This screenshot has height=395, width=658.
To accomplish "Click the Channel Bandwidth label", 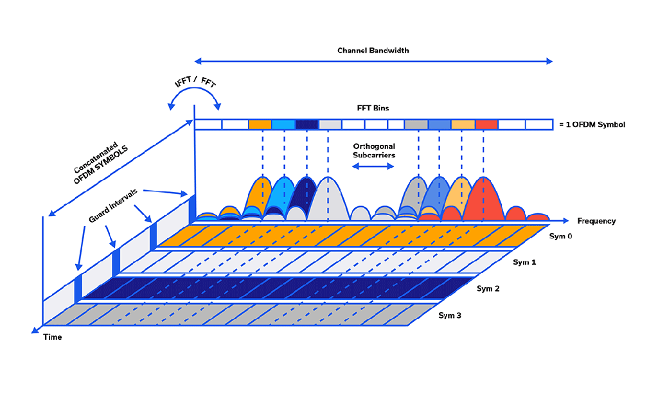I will [x=373, y=50].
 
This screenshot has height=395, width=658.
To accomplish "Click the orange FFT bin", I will [x=260, y=125].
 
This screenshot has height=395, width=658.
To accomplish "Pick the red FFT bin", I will [x=486, y=125].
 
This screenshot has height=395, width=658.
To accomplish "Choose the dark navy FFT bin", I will [x=307, y=125].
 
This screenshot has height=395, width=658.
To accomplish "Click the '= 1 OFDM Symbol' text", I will [x=591, y=125].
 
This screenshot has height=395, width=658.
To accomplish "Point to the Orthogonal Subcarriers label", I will [x=373, y=151].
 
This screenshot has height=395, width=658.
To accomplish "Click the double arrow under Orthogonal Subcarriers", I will [x=373, y=166].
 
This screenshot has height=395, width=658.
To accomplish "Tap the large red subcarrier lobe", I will [x=483, y=199].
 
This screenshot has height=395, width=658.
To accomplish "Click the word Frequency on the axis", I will [x=596, y=221].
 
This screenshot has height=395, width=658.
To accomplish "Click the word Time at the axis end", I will [x=53, y=337].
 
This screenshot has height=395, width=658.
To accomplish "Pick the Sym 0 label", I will [x=559, y=236].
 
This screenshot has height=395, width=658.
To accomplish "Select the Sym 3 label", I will [x=450, y=315].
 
